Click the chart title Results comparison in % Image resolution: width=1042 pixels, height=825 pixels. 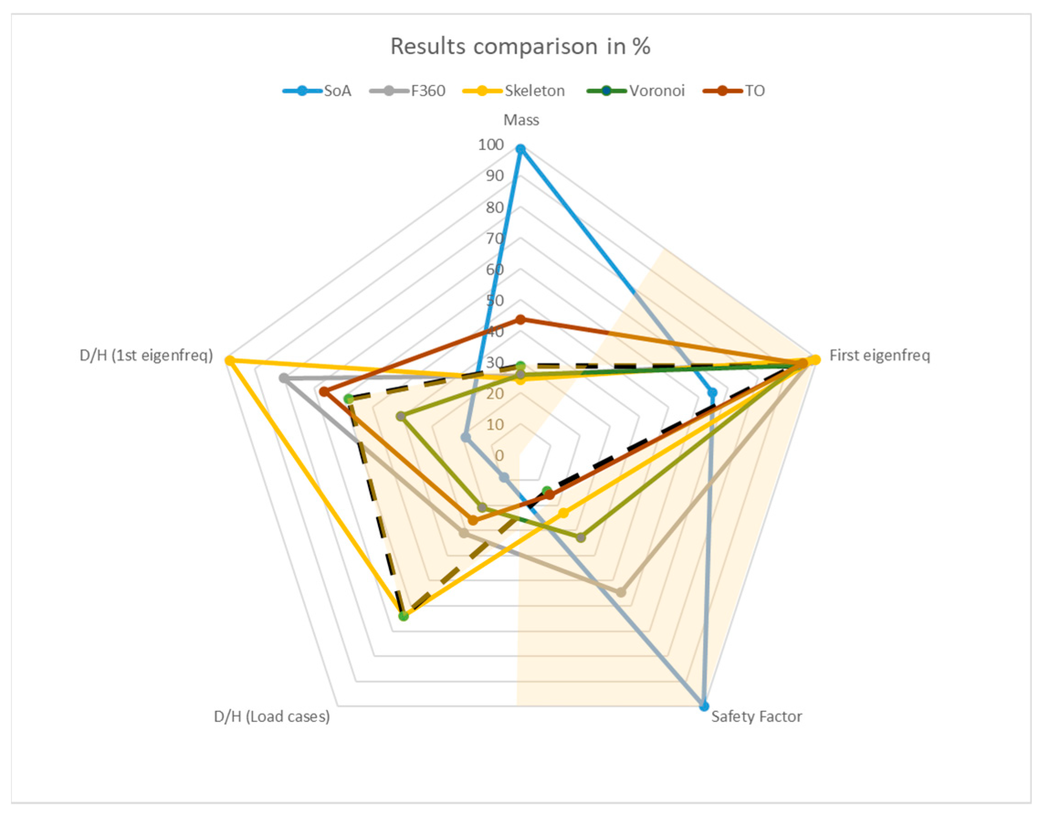pos(520,47)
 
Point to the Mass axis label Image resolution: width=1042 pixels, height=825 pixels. pos(521,120)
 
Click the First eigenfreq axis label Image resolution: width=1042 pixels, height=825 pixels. pos(879,356)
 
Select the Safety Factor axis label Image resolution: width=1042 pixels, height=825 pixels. pos(756,716)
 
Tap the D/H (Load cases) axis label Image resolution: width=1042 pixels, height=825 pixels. pos(272,716)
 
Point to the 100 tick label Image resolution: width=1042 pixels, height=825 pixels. pos(491,144)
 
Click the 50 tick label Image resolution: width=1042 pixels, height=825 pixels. pos(495,300)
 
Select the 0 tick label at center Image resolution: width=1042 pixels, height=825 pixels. pos(499,455)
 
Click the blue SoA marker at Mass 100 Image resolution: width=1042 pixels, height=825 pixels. pos(520,149)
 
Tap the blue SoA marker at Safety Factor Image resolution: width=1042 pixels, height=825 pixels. pos(704,706)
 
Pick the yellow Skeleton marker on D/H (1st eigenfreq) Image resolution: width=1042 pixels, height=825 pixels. pos(230,360)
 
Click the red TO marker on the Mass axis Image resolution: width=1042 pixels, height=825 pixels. pos(520,319)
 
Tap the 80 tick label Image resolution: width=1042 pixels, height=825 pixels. pos(495,208)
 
